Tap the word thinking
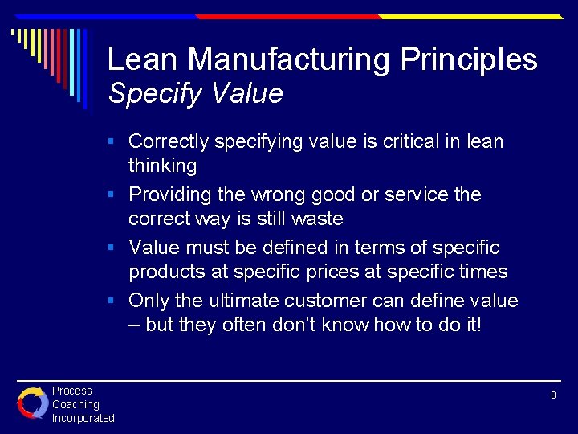(x=162, y=166)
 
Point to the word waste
(x=317, y=219)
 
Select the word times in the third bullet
(x=479, y=272)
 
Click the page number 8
(x=553, y=395)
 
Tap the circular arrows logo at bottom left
(x=32, y=403)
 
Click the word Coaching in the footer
(x=75, y=404)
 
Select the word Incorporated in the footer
(x=83, y=418)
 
